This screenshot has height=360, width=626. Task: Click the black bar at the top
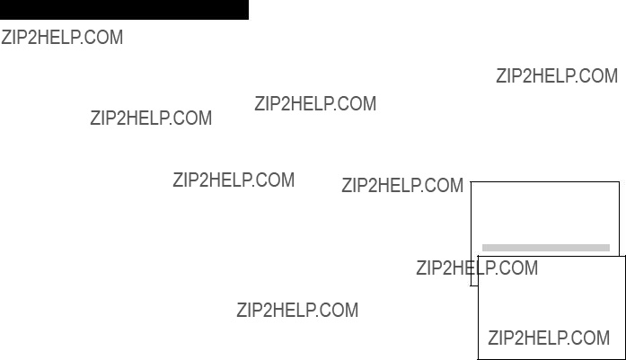tap(124, 10)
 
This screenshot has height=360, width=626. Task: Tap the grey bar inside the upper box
tap(546, 248)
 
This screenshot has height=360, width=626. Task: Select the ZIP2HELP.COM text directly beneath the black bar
tap(62, 38)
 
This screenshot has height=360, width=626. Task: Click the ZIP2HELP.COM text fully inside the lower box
tap(549, 338)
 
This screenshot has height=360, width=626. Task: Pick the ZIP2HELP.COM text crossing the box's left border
tap(477, 268)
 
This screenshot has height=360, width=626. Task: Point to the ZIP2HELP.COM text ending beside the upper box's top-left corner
tap(402, 186)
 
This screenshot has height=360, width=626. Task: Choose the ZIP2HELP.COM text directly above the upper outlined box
tap(557, 75)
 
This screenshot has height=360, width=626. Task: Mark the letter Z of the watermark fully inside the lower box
tap(493, 338)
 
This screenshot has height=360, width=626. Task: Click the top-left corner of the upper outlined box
tap(472, 182)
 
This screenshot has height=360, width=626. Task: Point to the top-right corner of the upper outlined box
tap(619, 182)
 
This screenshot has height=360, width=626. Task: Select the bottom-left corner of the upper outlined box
tap(472, 285)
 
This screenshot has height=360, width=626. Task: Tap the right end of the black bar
tap(248, 10)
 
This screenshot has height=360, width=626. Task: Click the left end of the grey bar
tap(482, 248)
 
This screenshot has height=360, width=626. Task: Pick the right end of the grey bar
tap(609, 248)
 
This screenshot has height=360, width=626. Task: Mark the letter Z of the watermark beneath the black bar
tap(6, 38)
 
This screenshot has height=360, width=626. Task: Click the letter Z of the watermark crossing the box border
tap(421, 268)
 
